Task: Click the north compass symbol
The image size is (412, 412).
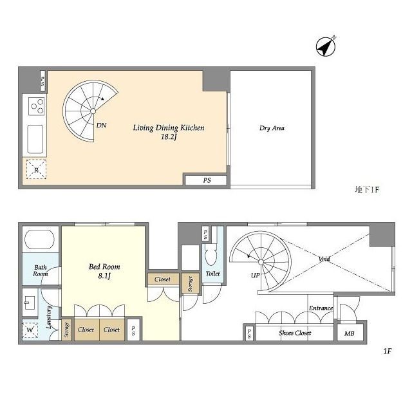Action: coord(326,46)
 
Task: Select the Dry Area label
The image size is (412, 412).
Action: coord(272,128)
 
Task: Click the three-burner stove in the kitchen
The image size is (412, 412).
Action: coord(36,106)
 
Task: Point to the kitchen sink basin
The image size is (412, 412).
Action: coord(35,139)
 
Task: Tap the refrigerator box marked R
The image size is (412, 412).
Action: coord(36,169)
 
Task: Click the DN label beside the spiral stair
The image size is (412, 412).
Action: coord(102,126)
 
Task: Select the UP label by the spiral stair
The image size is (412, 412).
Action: coord(255,275)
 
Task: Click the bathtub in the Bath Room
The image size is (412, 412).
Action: coord(39,239)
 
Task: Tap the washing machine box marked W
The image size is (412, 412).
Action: coord(30,330)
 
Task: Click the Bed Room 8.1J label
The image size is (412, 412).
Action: coord(104,271)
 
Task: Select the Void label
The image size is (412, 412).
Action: coord(324,259)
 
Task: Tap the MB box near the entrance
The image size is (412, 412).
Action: coord(350,333)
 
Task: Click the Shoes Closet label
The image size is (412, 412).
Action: coord(295,333)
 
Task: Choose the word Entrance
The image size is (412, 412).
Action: coord(321,308)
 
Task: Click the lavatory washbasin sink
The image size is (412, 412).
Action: coord(30,303)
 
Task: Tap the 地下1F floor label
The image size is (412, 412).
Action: coord(367,189)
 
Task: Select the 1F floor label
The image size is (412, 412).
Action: coord(388,351)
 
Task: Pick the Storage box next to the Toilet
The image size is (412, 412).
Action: coord(191,284)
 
